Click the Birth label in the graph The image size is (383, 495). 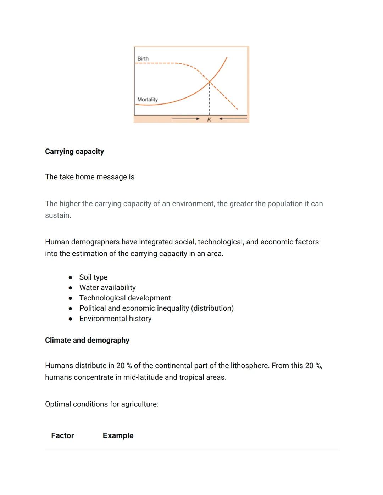pyautogui.click(x=143, y=58)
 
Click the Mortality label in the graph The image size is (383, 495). pyautogui.click(x=148, y=100)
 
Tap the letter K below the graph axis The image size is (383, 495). pyautogui.click(x=209, y=120)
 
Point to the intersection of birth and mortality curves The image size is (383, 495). pyautogui.click(x=209, y=82)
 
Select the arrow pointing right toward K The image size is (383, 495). pyautogui.click(x=185, y=119)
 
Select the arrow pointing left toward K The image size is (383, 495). pyautogui.click(x=233, y=119)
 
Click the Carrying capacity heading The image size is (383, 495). pyautogui.click(x=74, y=152)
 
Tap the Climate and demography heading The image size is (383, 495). pyautogui.click(x=87, y=340)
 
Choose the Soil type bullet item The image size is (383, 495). pyautogui.click(x=93, y=277)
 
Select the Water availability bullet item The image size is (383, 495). pyautogui.click(x=107, y=287)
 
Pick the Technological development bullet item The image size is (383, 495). pyautogui.click(x=125, y=298)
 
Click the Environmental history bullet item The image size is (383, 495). pyautogui.click(x=115, y=319)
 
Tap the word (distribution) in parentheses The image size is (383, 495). pyautogui.click(x=212, y=308)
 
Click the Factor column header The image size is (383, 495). pyautogui.click(x=62, y=435)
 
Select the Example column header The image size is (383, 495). pyautogui.click(x=118, y=435)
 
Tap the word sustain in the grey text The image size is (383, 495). pyautogui.click(x=57, y=215)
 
